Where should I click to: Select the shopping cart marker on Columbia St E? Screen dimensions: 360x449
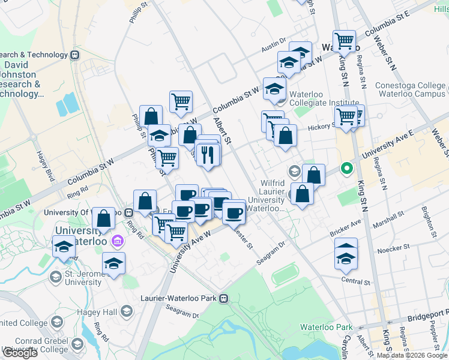(344, 41)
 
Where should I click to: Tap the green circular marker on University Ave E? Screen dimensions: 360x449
(346, 169)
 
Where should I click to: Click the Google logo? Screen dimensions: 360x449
(20, 353)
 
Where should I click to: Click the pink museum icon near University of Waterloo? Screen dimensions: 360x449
(117, 241)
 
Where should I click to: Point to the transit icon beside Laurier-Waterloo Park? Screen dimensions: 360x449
(224, 297)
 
